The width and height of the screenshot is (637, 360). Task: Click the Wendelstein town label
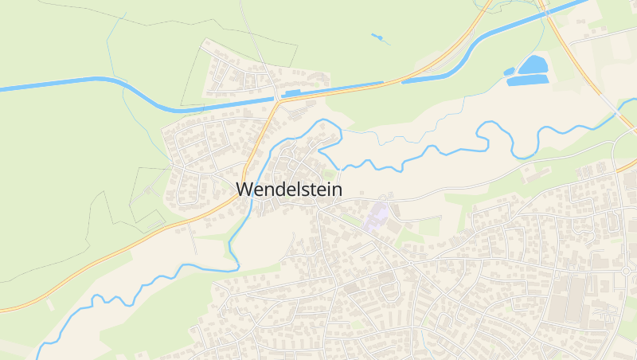[x=289, y=190]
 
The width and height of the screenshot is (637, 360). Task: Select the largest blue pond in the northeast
[x=534, y=65]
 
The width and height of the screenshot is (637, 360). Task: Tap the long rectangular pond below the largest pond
[x=528, y=80]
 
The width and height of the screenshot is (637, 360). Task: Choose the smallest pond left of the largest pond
[x=509, y=72]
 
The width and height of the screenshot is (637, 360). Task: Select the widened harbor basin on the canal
[x=291, y=93]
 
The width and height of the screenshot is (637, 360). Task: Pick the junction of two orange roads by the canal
[x=276, y=101]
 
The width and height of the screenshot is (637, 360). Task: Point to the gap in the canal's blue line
[x=392, y=80]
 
